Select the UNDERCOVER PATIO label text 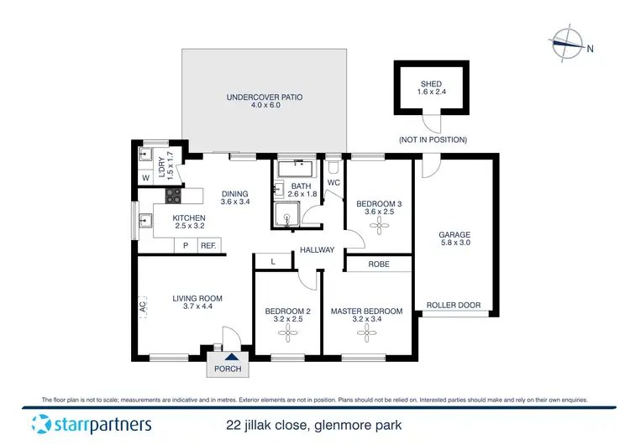[265, 97]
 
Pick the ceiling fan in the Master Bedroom [366, 334]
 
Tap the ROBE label [379, 264]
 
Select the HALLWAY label [318, 249]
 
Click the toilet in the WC [333, 165]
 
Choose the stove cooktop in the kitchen [173, 196]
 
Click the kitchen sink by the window [144, 222]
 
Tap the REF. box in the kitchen [208, 246]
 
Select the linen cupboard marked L [272, 262]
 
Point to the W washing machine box [145, 178]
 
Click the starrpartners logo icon [41, 423]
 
